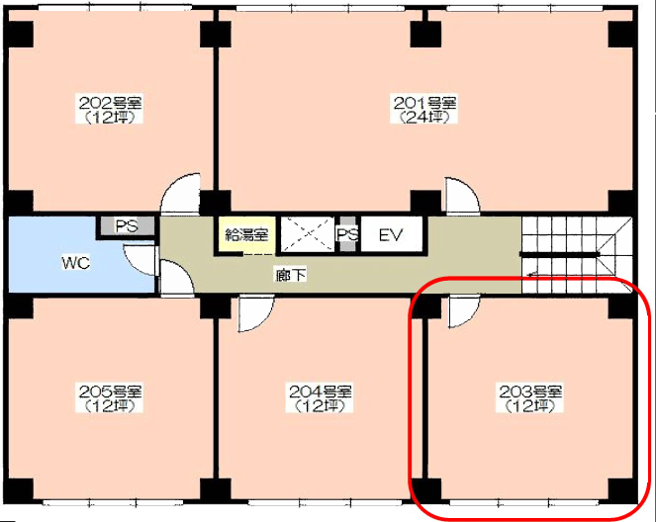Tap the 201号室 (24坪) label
423,110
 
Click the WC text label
76,263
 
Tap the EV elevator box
391,234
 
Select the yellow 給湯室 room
246,234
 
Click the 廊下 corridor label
290,275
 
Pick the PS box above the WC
128,226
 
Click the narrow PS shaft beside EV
347,234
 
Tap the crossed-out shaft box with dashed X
307,234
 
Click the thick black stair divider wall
560,254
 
